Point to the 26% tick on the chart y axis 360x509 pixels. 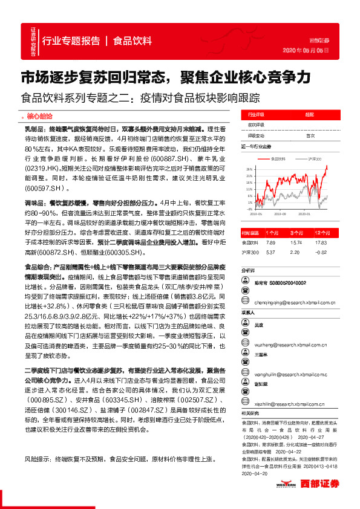coord(249,169)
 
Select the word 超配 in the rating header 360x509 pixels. coord(309,114)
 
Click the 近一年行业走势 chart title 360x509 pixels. coord(259,146)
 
